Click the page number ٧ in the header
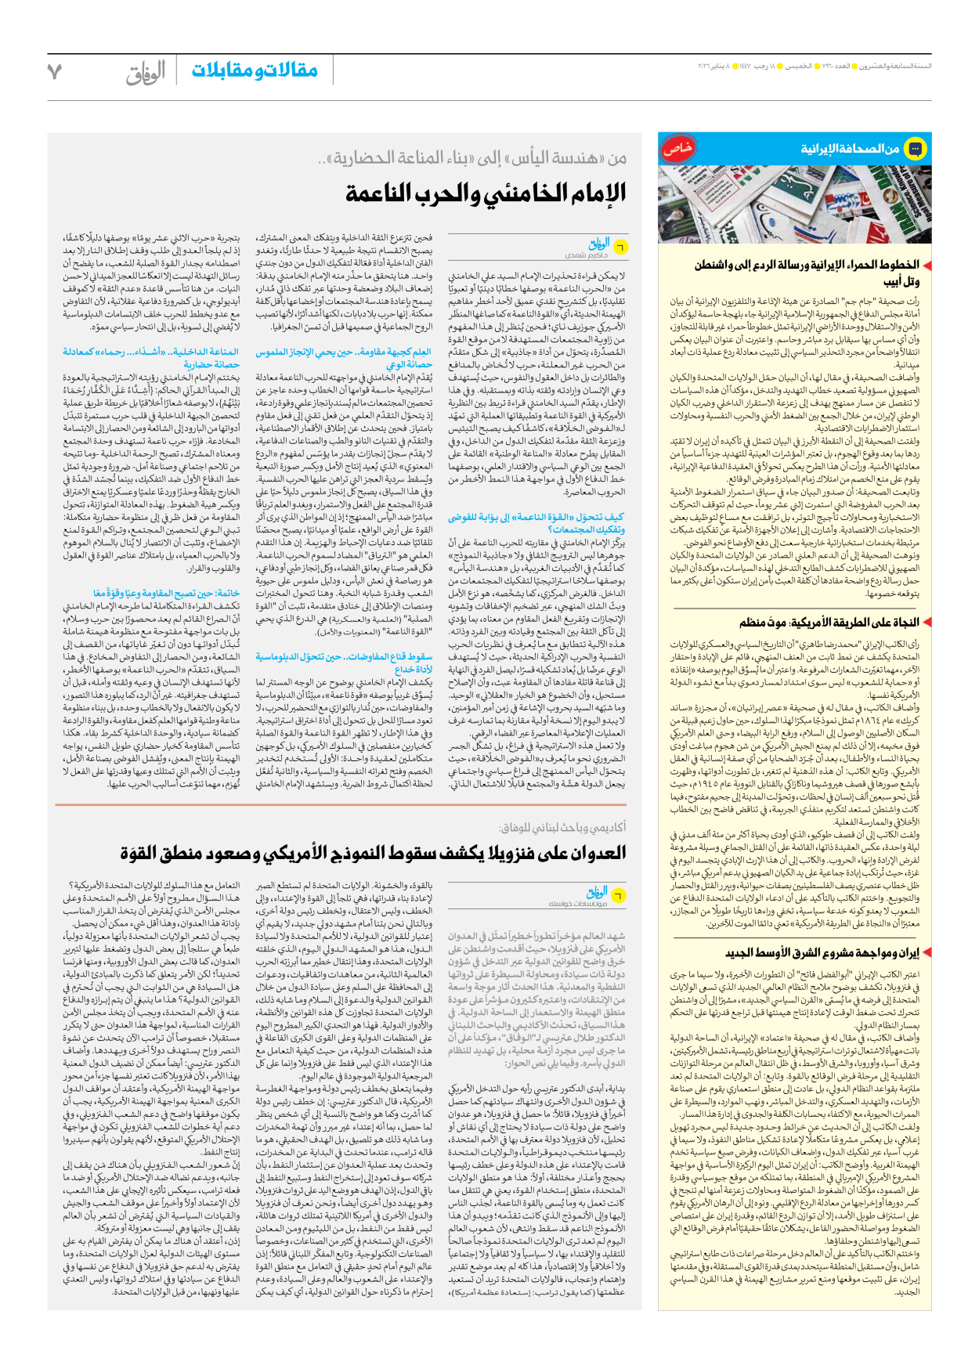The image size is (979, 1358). tap(54, 71)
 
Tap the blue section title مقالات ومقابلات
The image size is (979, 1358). tap(255, 70)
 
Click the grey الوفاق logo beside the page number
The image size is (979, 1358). tap(146, 72)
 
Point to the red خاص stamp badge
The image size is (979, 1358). tap(676, 148)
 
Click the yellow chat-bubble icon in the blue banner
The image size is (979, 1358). tap(915, 148)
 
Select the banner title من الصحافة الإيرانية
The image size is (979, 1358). tap(849, 149)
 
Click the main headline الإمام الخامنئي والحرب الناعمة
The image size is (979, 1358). tap(486, 193)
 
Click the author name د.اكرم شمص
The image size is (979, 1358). tap(586, 255)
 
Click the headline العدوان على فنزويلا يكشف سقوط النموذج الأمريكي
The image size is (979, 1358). tap(373, 853)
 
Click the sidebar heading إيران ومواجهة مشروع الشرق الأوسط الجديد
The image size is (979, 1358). tap(822, 952)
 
